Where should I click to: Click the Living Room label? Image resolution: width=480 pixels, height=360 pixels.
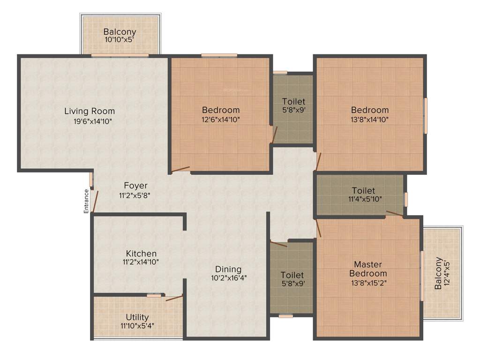(x=90, y=111)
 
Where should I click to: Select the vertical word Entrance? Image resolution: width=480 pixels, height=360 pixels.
(x=86, y=201)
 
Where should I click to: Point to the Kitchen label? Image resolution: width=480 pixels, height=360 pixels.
(x=141, y=254)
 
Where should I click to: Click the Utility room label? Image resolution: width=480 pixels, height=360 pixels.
(x=137, y=317)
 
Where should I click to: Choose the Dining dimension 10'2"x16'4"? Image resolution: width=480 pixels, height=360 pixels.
(x=228, y=277)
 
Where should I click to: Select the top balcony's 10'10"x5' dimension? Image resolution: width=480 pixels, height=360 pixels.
(x=120, y=40)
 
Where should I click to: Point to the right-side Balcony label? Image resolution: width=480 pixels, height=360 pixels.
(x=438, y=273)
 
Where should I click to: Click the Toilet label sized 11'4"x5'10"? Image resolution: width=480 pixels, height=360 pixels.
(x=363, y=191)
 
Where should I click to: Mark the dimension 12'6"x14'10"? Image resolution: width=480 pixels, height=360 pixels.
(x=221, y=119)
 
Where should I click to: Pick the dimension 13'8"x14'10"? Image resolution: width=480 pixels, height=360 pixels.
(x=370, y=119)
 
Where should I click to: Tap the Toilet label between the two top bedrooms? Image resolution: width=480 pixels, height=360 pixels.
(x=293, y=101)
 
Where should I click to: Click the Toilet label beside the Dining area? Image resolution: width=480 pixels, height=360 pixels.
(x=292, y=275)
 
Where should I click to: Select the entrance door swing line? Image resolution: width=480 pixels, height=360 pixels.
(x=95, y=202)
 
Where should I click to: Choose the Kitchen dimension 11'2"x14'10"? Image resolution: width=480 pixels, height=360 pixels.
(x=141, y=262)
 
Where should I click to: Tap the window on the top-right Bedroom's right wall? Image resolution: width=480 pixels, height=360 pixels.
(x=426, y=115)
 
